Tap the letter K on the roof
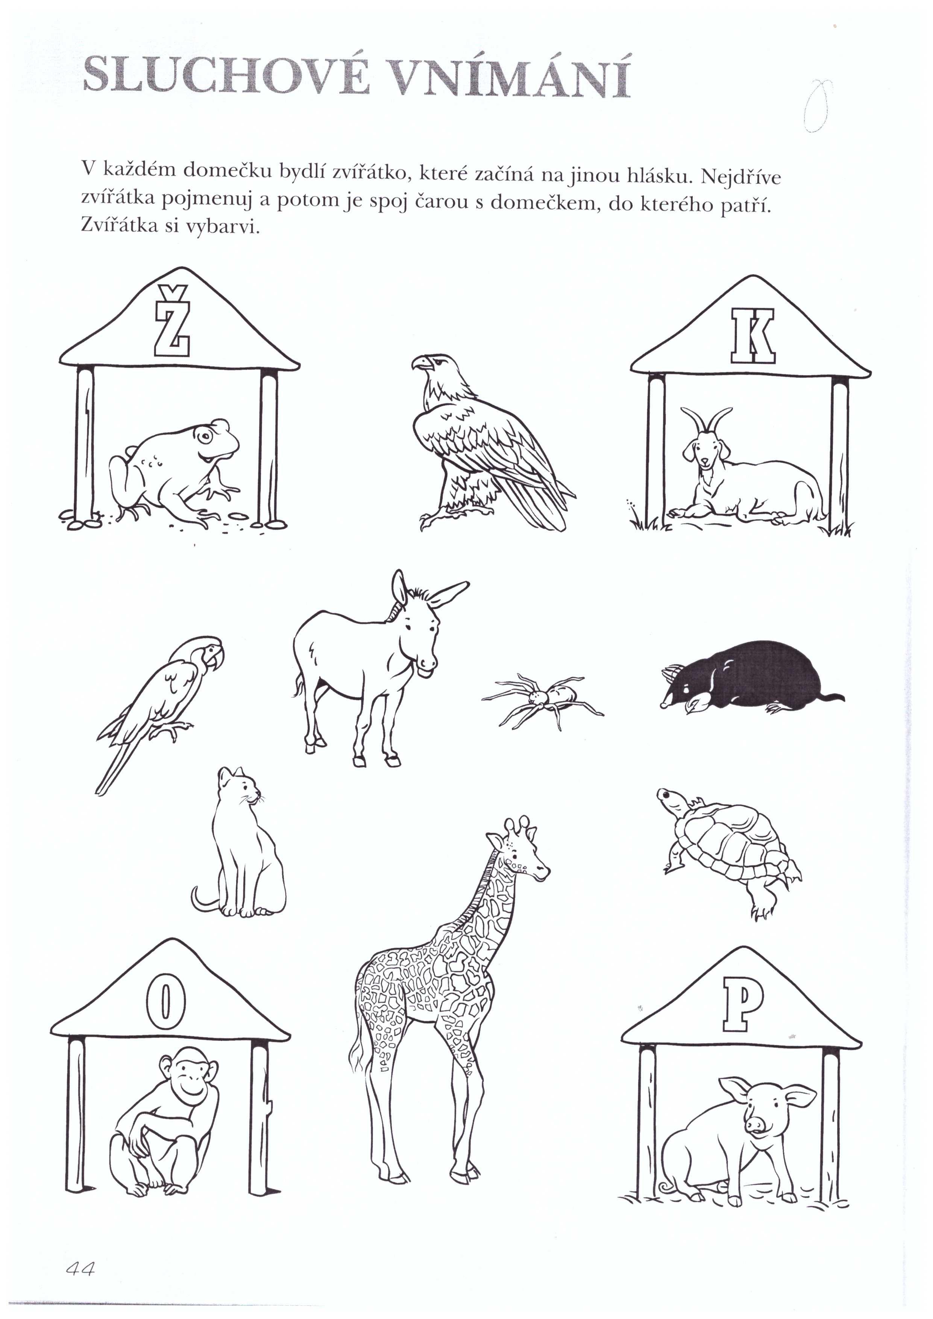point(753,336)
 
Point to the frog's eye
point(205,437)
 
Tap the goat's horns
point(707,419)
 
